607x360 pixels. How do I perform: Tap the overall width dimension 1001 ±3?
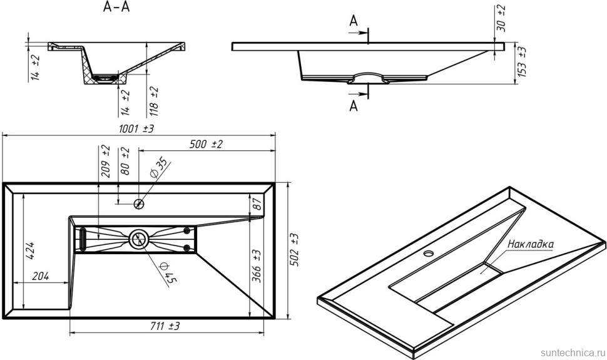pyautogui.click(x=132, y=128)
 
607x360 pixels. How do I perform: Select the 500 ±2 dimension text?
pyautogui.click(x=206, y=145)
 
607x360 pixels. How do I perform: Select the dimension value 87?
pyautogui.click(x=255, y=204)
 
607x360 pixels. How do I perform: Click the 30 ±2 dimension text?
pyautogui.click(x=501, y=16)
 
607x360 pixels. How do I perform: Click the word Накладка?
pyautogui.click(x=530, y=244)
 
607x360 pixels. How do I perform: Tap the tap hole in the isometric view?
pyautogui.click(x=429, y=254)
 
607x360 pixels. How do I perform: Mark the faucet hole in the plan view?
pyautogui.click(x=140, y=203)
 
